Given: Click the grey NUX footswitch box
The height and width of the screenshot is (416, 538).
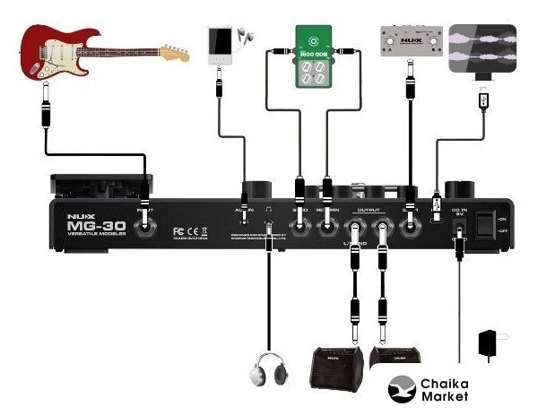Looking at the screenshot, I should point(412,41).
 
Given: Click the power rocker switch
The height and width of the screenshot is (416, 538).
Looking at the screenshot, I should point(488,224).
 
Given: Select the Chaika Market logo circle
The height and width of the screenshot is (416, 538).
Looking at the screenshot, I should point(403,390).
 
